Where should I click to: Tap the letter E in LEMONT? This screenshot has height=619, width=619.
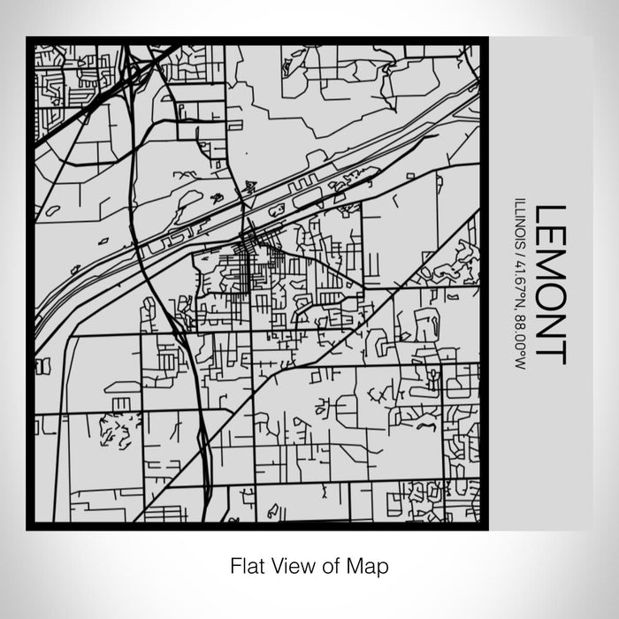[549, 239]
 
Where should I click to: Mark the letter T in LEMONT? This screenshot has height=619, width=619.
[549, 352]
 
